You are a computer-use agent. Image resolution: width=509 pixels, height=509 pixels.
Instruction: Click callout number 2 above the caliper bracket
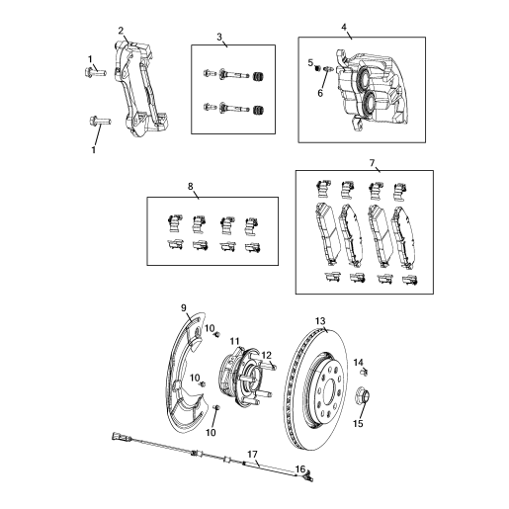pyautogui.click(x=121, y=31)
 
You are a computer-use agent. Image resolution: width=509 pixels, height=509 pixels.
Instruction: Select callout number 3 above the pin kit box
pyautogui.click(x=219, y=37)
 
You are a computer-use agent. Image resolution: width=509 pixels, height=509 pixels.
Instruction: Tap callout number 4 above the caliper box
pyautogui.click(x=344, y=27)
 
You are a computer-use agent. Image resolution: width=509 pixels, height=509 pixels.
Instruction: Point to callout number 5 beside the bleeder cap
pyautogui.click(x=310, y=62)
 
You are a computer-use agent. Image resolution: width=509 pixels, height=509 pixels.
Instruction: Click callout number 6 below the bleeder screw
pyautogui.click(x=320, y=93)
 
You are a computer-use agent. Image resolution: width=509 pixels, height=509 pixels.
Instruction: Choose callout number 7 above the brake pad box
pyautogui.click(x=372, y=163)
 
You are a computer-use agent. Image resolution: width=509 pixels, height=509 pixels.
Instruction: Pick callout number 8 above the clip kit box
pyautogui.click(x=191, y=187)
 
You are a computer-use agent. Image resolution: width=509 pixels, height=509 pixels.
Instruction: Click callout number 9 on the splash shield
pyautogui.click(x=184, y=308)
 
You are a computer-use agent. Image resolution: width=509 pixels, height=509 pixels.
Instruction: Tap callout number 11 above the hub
pyautogui.click(x=234, y=341)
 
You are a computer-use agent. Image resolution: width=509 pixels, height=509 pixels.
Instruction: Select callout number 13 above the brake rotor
pyautogui.click(x=320, y=321)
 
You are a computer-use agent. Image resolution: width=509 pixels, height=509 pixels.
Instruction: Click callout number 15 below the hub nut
pyautogui.click(x=358, y=423)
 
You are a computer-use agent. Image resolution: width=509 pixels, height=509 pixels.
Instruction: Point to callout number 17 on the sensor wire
pyautogui.click(x=252, y=455)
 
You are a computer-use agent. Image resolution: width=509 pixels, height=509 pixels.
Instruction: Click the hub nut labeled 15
pyautogui.click(x=363, y=395)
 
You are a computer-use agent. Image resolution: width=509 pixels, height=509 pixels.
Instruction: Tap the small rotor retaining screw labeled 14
pyautogui.click(x=364, y=372)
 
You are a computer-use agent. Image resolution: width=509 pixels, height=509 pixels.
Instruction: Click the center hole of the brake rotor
pyautogui.click(x=330, y=390)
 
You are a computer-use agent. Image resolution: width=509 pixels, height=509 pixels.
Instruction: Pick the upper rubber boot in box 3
pyautogui.click(x=259, y=77)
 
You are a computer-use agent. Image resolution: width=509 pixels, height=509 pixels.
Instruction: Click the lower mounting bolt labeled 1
pyautogui.click(x=100, y=121)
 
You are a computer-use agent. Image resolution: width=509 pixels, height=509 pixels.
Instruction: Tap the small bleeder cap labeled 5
pyautogui.click(x=318, y=68)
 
